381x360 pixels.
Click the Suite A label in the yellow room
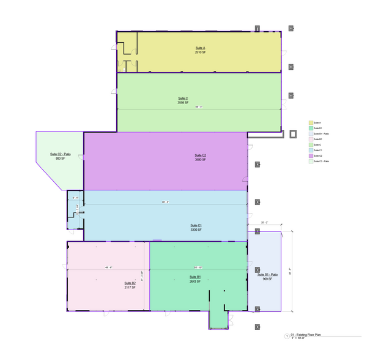pyautogui.click(x=200, y=48)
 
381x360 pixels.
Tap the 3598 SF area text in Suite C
pyautogui.click(x=182, y=103)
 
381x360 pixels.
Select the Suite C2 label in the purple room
pyautogui.click(x=200, y=156)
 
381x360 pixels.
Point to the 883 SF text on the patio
pyautogui.click(x=59, y=159)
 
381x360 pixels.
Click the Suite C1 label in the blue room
pyautogui.click(x=196, y=225)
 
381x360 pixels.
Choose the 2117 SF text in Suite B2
pyautogui.click(x=130, y=287)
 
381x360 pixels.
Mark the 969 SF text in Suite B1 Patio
pyautogui.click(x=267, y=279)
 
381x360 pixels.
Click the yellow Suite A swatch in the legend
pyautogui.click(x=310, y=122)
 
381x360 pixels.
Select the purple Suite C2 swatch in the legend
pyautogui.click(x=310, y=156)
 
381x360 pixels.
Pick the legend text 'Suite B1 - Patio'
pyautogui.click(x=322, y=133)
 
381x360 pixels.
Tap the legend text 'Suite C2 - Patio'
pyautogui.click(x=322, y=161)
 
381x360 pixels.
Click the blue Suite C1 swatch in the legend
pyautogui.click(x=310, y=150)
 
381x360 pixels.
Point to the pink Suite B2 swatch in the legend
pyautogui.click(x=310, y=139)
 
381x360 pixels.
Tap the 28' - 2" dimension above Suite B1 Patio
pyautogui.click(x=265, y=222)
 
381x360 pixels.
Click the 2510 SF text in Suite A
pyautogui.click(x=200, y=52)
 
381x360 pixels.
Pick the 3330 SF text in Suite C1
pyautogui.click(x=196, y=230)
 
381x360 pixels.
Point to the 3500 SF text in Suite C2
pyautogui.click(x=200, y=160)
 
